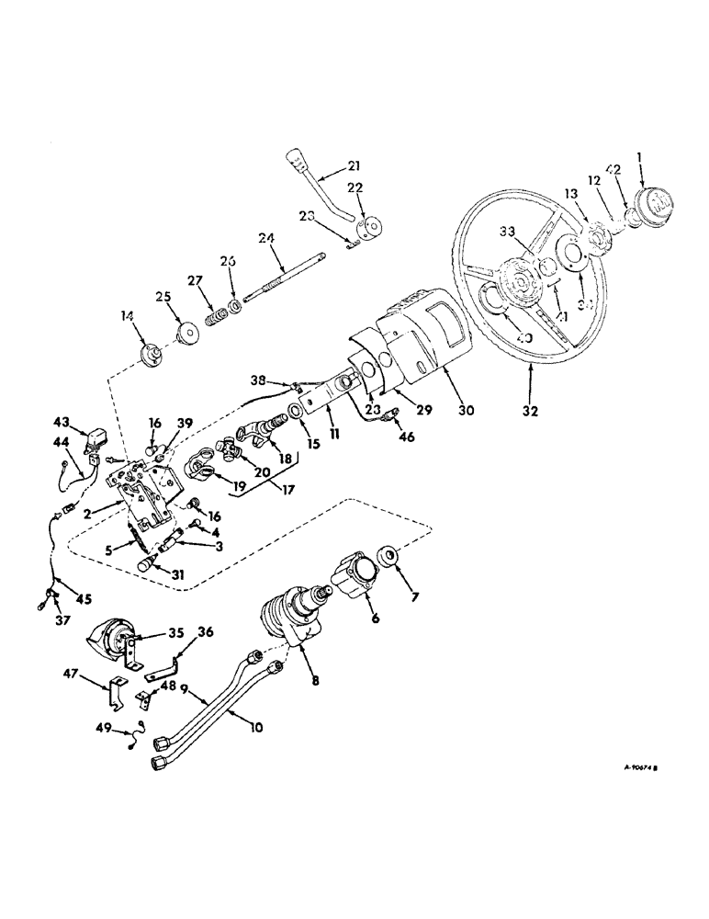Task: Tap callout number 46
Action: click(406, 437)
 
